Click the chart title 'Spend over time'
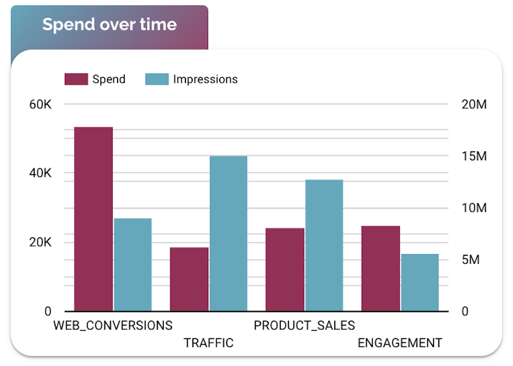pyautogui.click(x=110, y=24)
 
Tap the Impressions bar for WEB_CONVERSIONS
pyautogui.click(x=132, y=264)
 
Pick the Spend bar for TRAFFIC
pyautogui.click(x=189, y=279)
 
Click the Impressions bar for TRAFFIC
pyautogui.click(x=228, y=233)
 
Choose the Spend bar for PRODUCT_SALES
pyautogui.click(x=285, y=269)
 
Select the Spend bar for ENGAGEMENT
pyautogui.click(x=380, y=268)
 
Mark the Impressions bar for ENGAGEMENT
pyautogui.click(x=420, y=282)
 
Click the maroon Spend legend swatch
pyautogui.click(x=76, y=79)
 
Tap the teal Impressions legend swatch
pyautogui.click(x=157, y=79)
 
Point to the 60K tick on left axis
pyautogui.click(x=40, y=105)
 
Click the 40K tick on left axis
pyautogui.click(x=40, y=173)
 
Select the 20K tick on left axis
pyautogui.click(x=40, y=242)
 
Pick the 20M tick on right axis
pyautogui.click(x=474, y=105)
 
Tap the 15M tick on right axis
pyautogui.click(x=474, y=157)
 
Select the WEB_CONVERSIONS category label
pyautogui.click(x=113, y=325)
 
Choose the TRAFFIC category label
pyautogui.click(x=209, y=343)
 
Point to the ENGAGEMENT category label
pyautogui.click(x=400, y=343)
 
